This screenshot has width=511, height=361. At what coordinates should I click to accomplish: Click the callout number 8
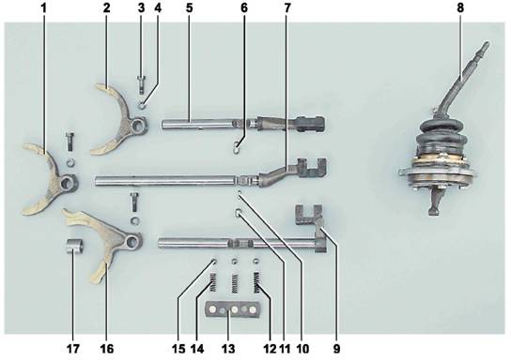point(460,8)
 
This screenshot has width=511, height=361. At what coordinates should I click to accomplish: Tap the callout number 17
point(72,349)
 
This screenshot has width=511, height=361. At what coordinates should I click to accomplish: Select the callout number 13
point(228,349)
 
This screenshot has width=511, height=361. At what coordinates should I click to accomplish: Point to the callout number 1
point(43,8)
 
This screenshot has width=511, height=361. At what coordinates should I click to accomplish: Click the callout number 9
point(336,349)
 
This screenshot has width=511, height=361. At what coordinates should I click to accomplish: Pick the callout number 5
point(189,8)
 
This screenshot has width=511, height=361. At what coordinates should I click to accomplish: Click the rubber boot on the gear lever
point(441,138)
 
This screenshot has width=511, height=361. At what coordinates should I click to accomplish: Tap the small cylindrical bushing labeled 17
point(74,248)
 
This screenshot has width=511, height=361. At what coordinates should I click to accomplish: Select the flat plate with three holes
point(232,309)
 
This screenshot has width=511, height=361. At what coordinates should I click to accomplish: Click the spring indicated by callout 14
point(213,282)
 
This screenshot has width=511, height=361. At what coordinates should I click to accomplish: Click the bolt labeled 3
point(141,84)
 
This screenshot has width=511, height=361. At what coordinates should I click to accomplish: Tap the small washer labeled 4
point(143,105)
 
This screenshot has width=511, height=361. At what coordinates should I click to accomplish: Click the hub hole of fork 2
point(138,124)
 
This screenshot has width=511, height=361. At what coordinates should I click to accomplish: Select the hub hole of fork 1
point(68,183)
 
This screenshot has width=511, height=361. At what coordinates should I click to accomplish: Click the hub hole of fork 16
point(132,241)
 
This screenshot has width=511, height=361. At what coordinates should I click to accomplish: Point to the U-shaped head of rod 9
point(308,215)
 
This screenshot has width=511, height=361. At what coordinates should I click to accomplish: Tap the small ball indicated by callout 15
point(214,261)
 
